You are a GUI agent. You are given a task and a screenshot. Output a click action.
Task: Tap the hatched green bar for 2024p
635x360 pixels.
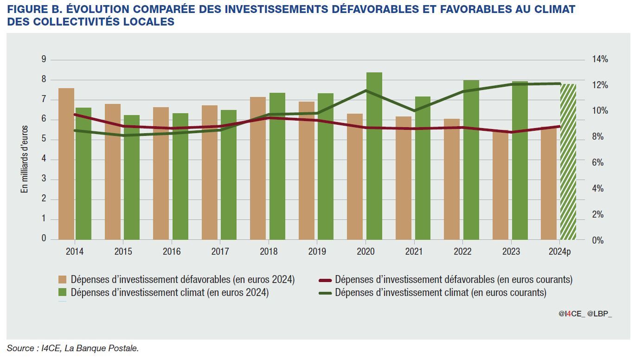coord(568,162)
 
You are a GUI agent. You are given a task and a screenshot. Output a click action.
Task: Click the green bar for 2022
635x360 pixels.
coord(471,160)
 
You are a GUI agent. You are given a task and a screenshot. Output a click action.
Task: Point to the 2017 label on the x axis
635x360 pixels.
coord(220,251)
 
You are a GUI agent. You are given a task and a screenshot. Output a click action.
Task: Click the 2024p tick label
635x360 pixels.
coord(560,251)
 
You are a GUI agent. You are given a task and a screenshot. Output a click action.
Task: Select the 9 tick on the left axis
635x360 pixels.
coord(44,59)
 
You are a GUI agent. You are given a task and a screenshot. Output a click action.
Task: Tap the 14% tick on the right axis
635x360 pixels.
coord(600,59)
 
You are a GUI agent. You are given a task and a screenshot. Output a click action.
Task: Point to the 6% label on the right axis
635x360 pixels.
coord(598,163)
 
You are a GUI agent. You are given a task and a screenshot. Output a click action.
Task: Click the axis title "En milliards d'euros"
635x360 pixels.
coord(25,159)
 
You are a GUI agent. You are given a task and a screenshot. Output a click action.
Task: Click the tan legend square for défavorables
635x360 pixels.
coord(62,280)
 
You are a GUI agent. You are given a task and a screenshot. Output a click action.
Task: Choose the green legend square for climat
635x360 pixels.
coord(62,293)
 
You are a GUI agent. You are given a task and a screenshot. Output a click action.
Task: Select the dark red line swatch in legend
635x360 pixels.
coord(325,280)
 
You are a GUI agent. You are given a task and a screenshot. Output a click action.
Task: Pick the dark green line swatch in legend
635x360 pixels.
coord(325,293)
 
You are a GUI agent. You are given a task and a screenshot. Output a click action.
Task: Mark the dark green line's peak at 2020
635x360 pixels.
coord(366,90)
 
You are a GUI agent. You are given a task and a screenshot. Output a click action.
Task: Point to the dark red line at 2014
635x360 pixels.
coord(75,114)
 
